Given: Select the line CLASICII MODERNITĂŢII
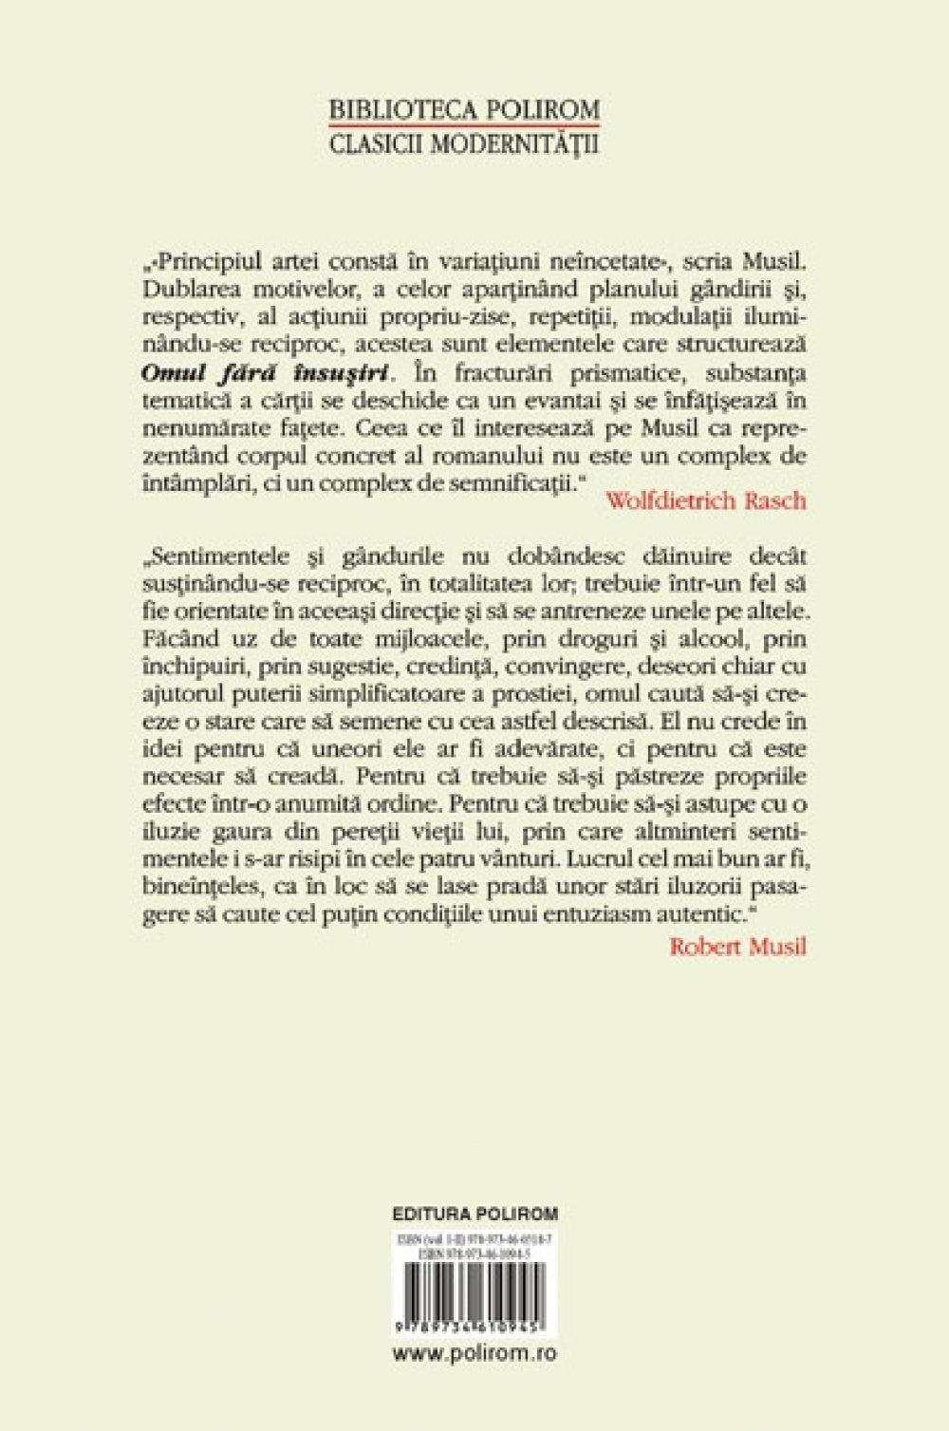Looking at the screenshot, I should tap(464, 145).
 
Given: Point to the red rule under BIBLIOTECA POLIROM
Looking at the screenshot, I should tap(464, 125).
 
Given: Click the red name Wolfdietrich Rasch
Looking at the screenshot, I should tap(705, 501).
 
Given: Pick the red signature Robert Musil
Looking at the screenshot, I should tap(737, 946).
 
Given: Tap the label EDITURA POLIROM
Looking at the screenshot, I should tap(474, 1214).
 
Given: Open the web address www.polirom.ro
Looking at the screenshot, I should tap(474, 1353).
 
